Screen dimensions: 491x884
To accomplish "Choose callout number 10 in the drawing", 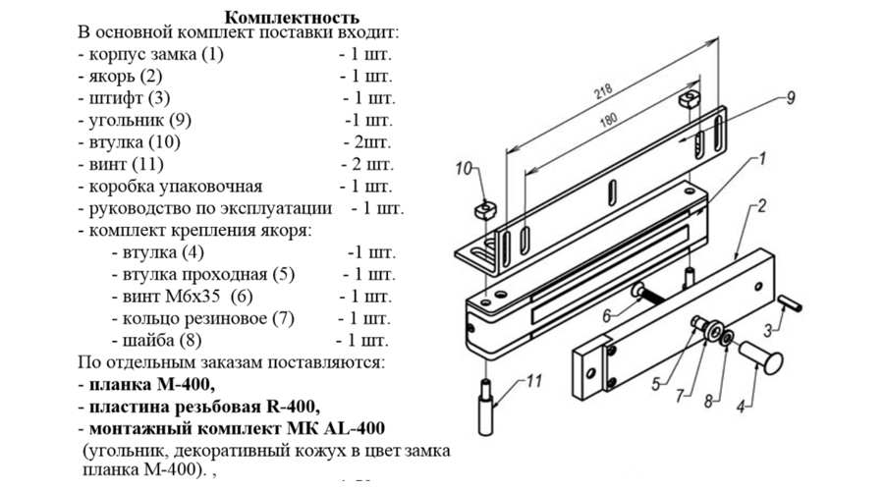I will tap(465, 168).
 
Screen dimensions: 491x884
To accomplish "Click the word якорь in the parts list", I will tap(110, 76).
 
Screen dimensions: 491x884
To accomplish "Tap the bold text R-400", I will tap(286, 407).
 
